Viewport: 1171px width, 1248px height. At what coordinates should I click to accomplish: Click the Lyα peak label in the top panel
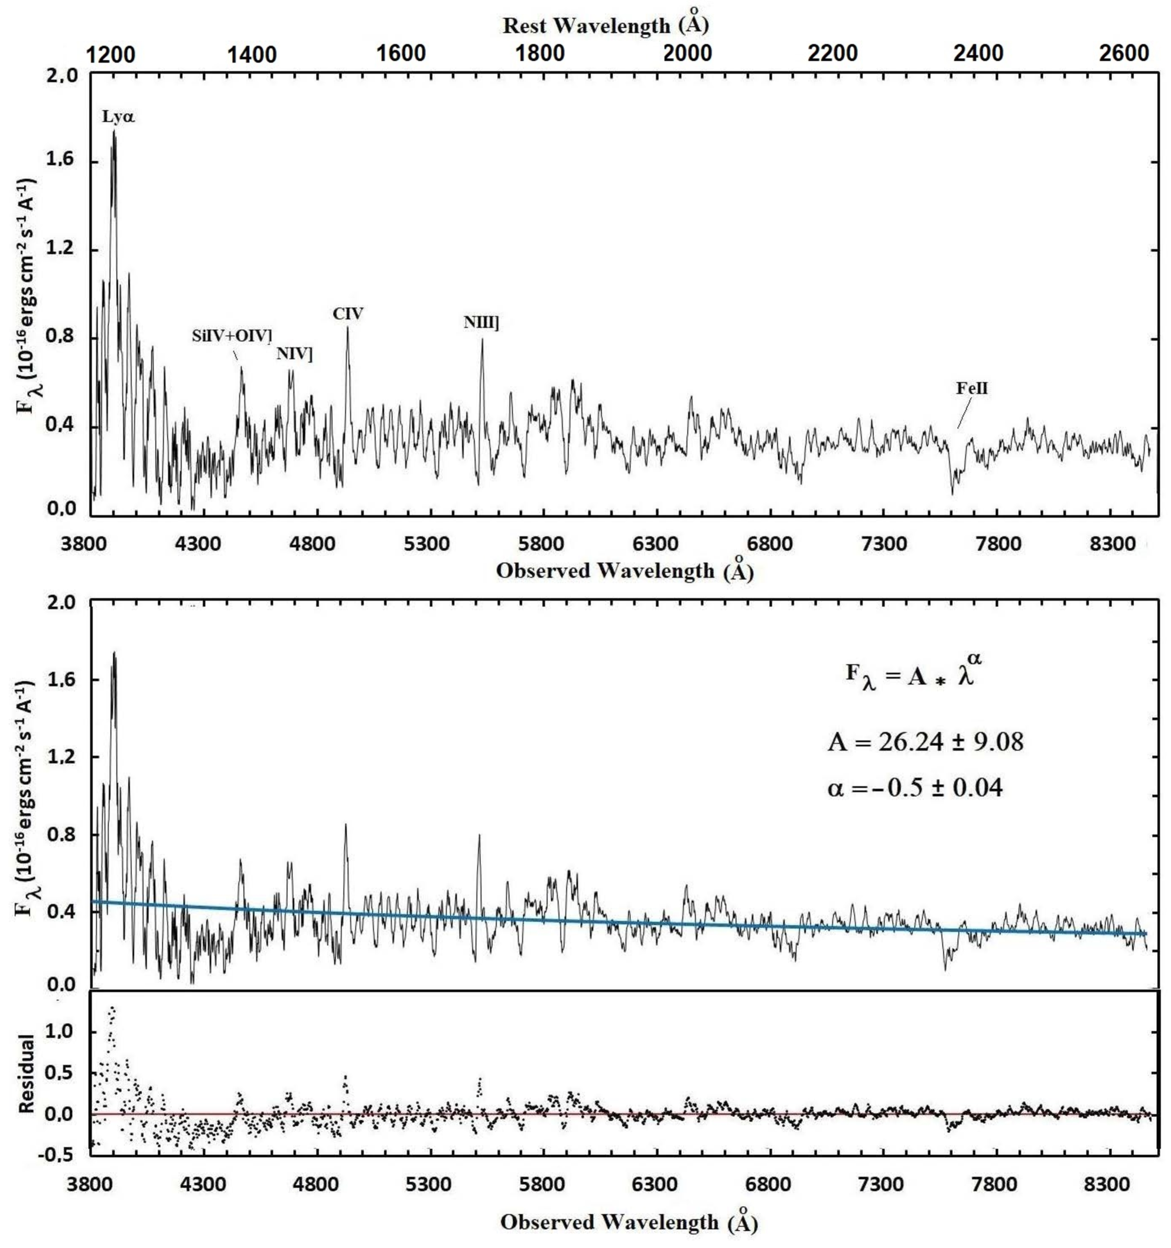(119, 117)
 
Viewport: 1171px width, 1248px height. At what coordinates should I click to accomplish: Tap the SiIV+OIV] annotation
(232, 335)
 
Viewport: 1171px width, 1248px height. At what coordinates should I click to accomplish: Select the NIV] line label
(294, 354)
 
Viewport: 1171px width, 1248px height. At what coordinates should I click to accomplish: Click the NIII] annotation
(482, 323)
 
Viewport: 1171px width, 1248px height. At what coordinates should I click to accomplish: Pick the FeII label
(972, 388)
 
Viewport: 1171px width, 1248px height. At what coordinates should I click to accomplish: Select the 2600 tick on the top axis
(1124, 53)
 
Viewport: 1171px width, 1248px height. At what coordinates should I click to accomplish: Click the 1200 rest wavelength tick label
(110, 54)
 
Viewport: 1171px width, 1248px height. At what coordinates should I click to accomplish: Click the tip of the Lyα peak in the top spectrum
(114, 130)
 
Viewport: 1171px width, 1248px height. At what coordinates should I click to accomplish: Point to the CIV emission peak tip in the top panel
(347, 327)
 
